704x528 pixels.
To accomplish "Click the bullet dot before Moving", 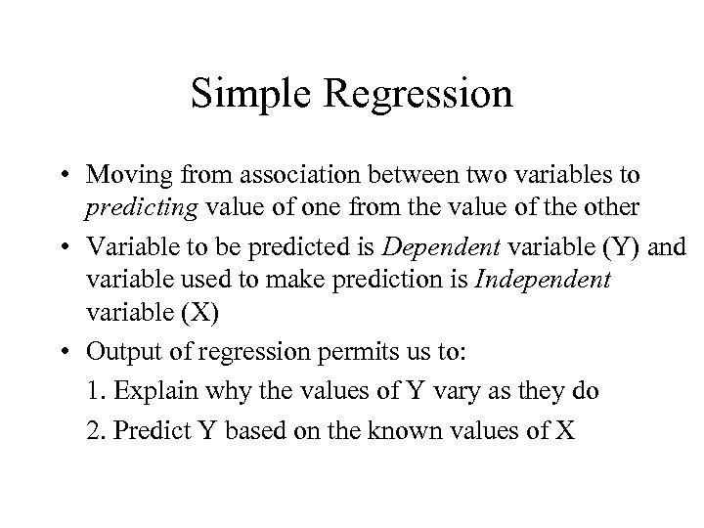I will [99, 177].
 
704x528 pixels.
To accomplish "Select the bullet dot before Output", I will [99, 347].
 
